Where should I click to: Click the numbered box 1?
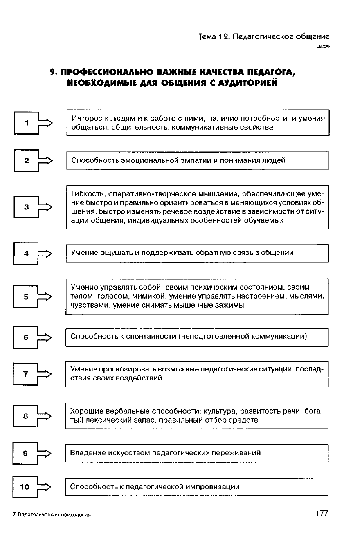(26, 122)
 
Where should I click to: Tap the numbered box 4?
(26, 253)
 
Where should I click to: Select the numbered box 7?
(26, 374)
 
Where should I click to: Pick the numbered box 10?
(25, 487)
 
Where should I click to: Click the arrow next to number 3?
(45, 207)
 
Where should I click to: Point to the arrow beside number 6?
(45, 337)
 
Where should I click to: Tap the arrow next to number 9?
(45, 453)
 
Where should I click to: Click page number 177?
(322, 514)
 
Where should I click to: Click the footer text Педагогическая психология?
(53, 515)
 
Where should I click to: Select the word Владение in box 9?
(88, 453)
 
